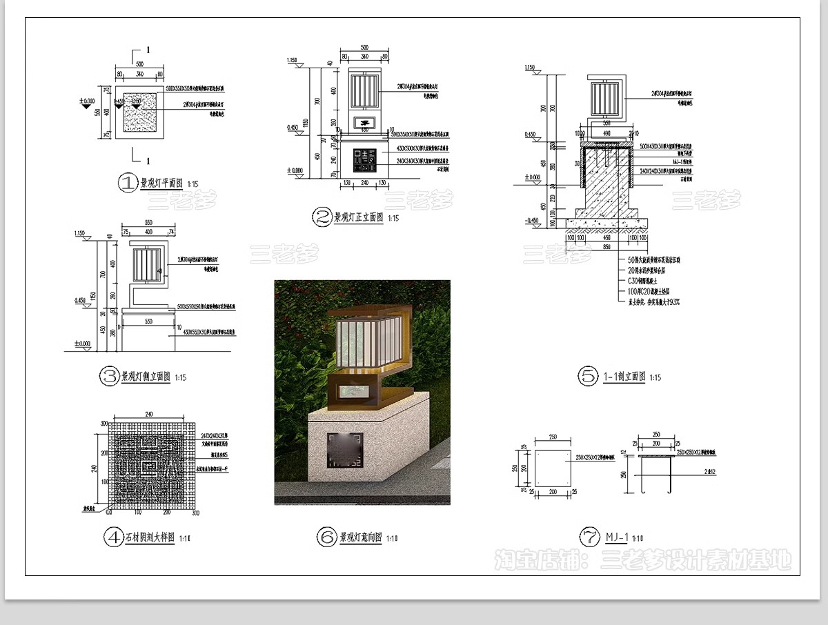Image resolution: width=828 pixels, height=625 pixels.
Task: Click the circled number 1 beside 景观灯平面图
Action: [128, 183]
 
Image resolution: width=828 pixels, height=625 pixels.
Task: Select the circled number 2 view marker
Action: [322, 218]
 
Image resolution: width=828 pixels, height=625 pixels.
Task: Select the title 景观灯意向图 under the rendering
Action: [361, 537]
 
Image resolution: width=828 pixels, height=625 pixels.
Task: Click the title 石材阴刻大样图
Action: [148, 537]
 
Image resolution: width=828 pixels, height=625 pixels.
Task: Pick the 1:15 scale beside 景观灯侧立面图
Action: [181, 377]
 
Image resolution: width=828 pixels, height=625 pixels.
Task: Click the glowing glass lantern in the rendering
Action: [366, 341]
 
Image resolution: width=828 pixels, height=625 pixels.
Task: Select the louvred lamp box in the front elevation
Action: [365, 90]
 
